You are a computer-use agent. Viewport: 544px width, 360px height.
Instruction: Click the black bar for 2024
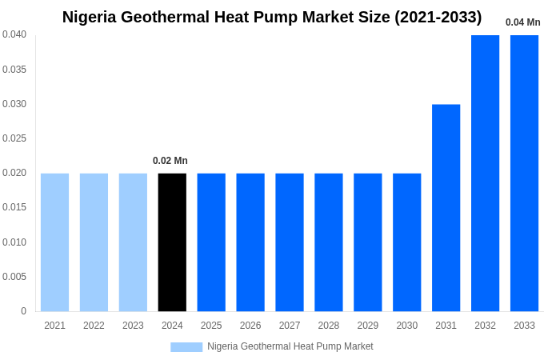click(x=172, y=242)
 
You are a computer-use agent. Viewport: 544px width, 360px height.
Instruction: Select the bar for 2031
click(x=446, y=208)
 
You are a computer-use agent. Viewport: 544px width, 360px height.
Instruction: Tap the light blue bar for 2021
click(x=54, y=242)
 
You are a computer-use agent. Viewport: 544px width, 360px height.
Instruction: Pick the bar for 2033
click(x=524, y=173)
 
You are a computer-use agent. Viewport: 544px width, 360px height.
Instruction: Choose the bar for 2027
click(x=290, y=242)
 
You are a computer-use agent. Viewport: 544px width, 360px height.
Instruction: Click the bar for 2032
click(x=485, y=173)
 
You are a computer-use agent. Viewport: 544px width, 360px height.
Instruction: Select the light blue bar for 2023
click(x=133, y=242)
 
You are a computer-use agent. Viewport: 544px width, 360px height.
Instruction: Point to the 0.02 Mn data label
click(x=170, y=161)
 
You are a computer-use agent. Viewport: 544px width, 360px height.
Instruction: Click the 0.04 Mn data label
click(x=522, y=22)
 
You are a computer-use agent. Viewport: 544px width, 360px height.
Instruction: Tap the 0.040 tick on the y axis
click(x=14, y=34)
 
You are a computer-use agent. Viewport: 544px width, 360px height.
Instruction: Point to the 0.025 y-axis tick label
click(x=14, y=138)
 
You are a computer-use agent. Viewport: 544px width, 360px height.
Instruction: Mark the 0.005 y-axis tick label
click(x=14, y=277)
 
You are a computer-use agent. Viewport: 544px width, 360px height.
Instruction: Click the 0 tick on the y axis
click(x=23, y=311)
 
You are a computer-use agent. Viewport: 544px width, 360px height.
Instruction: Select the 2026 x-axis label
click(x=250, y=326)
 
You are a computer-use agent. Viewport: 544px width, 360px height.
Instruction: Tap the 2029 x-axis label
click(x=368, y=326)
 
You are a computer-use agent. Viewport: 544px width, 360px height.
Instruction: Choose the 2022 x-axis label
click(x=94, y=326)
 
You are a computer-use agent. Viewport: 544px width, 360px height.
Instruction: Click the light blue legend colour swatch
click(x=186, y=347)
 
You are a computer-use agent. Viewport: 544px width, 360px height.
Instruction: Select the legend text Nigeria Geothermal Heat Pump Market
click(x=290, y=346)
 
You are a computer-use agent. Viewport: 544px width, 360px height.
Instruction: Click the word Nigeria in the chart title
click(x=92, y=17)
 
